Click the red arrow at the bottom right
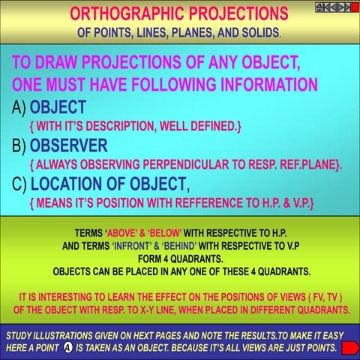click(349, 347)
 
